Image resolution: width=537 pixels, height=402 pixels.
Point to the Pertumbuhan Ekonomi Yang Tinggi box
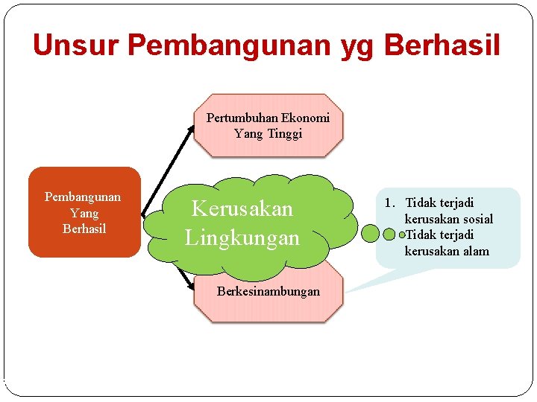(268, 125)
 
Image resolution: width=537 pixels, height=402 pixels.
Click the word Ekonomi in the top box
(306, 118)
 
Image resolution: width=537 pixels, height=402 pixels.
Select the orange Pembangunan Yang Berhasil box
(84, 212)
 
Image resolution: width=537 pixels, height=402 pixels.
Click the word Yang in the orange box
(84, 213)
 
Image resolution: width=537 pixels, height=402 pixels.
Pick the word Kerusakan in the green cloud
(242, 208)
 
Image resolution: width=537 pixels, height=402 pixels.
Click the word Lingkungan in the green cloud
(242, 237)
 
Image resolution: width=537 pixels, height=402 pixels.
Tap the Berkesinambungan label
(268, 291)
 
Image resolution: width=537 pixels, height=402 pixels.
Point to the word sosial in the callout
(477, 219)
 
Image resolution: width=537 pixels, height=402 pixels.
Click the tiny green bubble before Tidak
(403, 234)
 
